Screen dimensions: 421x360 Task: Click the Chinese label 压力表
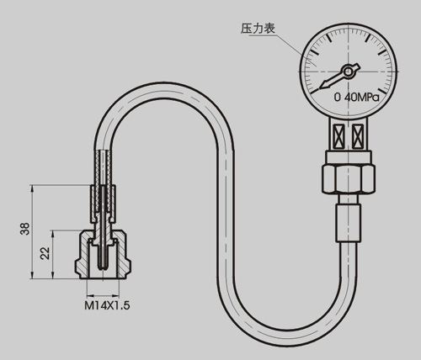coord(258,29)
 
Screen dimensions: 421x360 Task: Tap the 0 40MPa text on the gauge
coord(356,98)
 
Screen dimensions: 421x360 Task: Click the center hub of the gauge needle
coord(348,71)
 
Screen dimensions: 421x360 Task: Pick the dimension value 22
coord(45,253)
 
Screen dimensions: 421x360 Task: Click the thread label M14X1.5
coord(107,305)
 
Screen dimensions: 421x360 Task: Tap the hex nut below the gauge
coord(349,179)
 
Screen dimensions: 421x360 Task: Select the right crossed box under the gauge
coord(357,136)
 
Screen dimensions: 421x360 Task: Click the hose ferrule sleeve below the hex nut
coord(349,222)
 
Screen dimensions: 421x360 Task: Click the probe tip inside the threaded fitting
coord(103,267)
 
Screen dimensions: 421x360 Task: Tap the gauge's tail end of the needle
coord(358,66)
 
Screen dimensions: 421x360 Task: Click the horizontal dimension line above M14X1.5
coord(103,295)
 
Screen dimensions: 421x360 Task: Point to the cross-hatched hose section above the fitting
coord(103,168)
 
